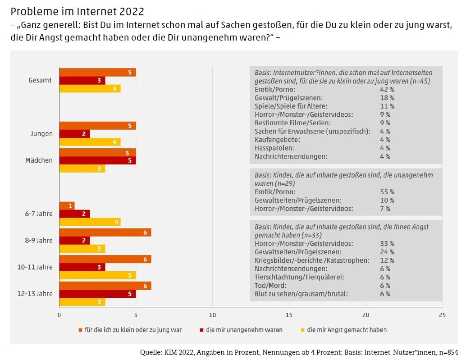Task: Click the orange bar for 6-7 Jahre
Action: click(67, 205)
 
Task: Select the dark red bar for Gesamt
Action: click(82, 81)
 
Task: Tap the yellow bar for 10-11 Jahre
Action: click(97, 275)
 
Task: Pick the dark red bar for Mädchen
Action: click(97, 160)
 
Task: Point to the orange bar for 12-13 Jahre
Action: click(105, 286)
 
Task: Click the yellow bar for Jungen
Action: click(90, 142)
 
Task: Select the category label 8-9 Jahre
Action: click(38, 240)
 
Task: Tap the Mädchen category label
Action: click(39, 160)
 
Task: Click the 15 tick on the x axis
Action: click(289, 315)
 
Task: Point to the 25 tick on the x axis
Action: click(442, 315)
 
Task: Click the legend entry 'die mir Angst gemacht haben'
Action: click(347, 330)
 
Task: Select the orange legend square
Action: click(81, 330)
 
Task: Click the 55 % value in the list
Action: click(387, 191)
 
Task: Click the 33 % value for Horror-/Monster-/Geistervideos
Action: click(387, 243)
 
